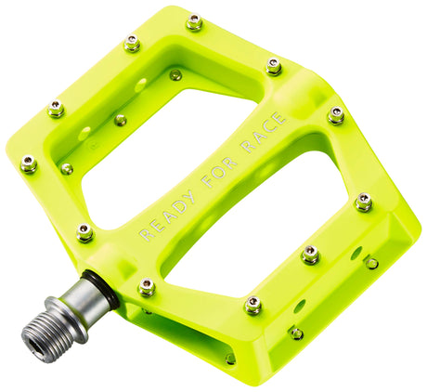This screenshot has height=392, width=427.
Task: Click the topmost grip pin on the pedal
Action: [194, 21]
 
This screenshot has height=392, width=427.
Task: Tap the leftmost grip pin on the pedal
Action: [29, 163]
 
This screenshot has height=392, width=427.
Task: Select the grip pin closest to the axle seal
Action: [146, 286]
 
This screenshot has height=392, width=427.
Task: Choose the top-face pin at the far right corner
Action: [336, 114]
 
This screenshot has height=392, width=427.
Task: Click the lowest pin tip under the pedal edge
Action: [230, 359]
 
